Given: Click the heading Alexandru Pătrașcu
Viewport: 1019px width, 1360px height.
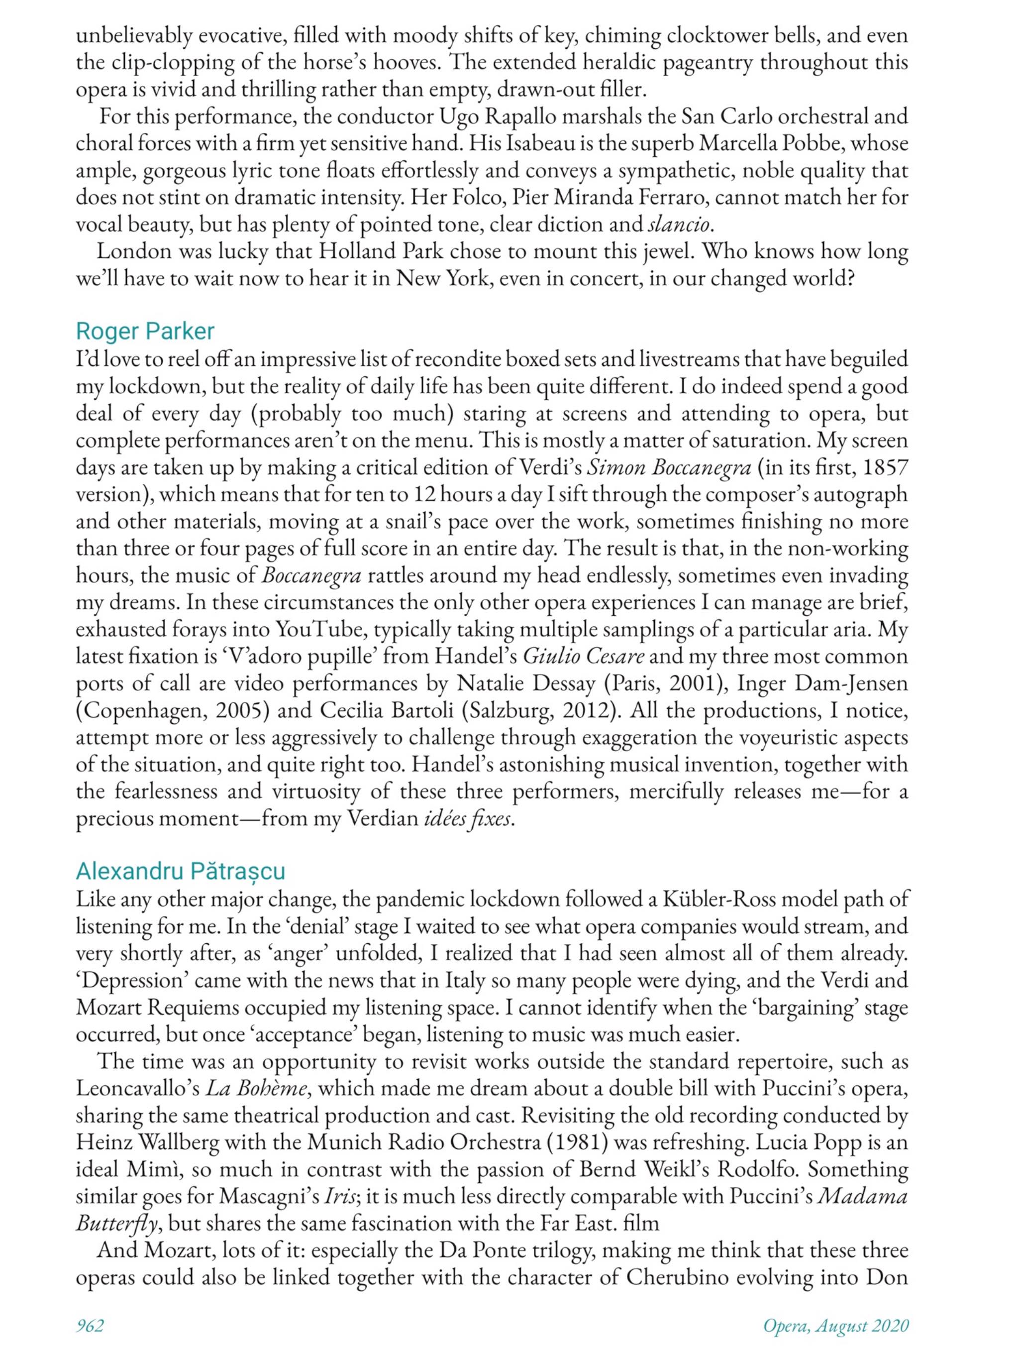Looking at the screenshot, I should [x=180, y=871].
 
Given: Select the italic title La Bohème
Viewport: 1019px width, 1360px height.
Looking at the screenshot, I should [x=255, y=1088].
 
